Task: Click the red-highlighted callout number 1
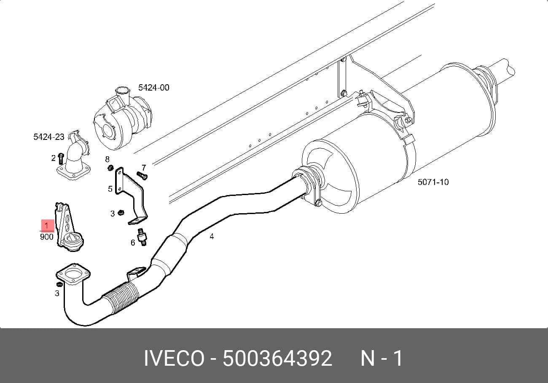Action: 46,225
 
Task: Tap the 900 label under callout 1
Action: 47,237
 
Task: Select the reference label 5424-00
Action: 153,88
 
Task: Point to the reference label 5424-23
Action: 48,137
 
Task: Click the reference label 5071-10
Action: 433,182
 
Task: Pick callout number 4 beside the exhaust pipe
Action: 212,236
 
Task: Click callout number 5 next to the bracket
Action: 110,189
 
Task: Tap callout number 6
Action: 133,242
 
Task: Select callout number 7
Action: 144,168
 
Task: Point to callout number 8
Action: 107,159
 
